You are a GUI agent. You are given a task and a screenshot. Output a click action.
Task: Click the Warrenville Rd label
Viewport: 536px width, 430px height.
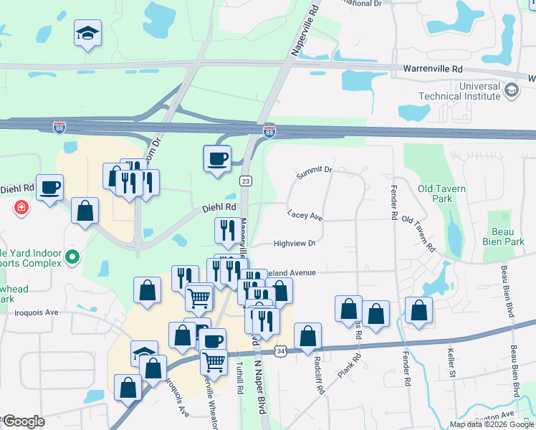(x=433, y=69)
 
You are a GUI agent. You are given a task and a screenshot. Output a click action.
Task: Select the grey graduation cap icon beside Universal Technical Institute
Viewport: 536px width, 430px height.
(x=511, y=90)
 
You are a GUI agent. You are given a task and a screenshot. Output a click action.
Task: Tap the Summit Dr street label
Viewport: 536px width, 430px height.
(x=315, y=171)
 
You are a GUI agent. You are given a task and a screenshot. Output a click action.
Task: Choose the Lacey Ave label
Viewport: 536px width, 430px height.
(x=305, y=215)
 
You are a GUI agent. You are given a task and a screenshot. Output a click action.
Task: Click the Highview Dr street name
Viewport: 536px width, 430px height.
(x=295, y=244)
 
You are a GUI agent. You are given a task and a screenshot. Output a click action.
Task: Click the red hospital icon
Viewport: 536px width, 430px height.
(x=22, y=207)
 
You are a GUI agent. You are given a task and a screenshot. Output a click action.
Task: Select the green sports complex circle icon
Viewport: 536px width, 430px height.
(x=72, y=257)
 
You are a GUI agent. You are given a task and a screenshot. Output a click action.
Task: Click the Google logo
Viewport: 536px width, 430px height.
(x=24, y=421)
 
